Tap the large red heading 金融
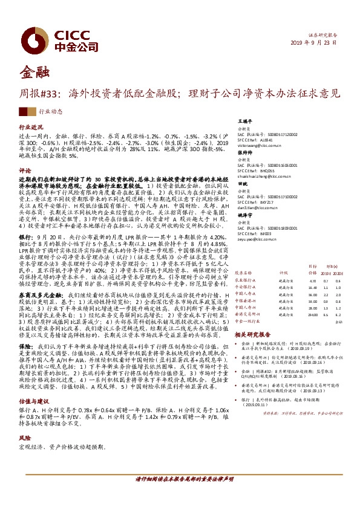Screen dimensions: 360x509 click(x=32, y=73)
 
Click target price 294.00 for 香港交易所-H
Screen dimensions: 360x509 click(x=313, y=314)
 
